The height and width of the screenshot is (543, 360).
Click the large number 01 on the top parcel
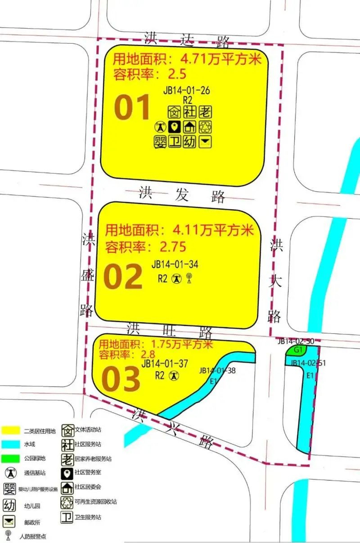(x=132, y=107)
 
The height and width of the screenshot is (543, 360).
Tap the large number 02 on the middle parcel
(x=122, y=277)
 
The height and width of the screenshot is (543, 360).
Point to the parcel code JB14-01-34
(x=175, y=265)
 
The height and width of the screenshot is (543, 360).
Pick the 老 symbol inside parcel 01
(x=205, y=111)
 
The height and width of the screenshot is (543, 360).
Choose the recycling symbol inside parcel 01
(x=205, y=126)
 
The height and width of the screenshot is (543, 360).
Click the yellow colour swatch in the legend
(x=10, y=430)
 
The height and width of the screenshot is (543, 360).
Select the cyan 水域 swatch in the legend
(x=10, y=444)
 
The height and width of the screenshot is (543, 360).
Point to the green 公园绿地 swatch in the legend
(x=10, y=458)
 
